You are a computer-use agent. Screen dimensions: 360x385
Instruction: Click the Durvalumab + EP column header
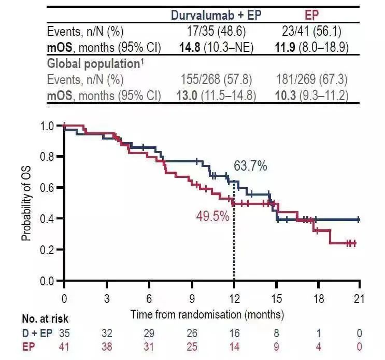click(x=217, y=15)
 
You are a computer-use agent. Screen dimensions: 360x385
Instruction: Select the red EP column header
click(x=312, y=15)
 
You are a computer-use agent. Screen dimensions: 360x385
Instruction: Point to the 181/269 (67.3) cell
click(x=312, y=80)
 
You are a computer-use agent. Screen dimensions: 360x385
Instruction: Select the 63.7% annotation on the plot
click(x=250, y=166)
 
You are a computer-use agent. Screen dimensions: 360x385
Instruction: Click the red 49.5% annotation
click(x=212, y=216)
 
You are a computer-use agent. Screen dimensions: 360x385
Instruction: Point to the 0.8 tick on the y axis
click(x=48, y=157)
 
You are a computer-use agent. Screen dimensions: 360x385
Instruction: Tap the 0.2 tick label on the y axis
click(x=48, y=250)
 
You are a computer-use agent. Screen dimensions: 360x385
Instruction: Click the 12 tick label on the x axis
click(x=234, y=299)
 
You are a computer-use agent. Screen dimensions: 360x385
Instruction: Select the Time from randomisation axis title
click(x=207, y=314)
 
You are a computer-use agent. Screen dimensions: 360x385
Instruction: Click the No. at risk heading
click(x=45, y=319)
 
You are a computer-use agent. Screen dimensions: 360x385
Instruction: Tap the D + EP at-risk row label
click(x=36, y=333)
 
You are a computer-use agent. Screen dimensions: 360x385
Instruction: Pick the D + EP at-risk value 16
click(x=234, y=333)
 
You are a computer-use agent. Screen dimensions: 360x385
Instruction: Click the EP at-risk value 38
click(x=107, y=347)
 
